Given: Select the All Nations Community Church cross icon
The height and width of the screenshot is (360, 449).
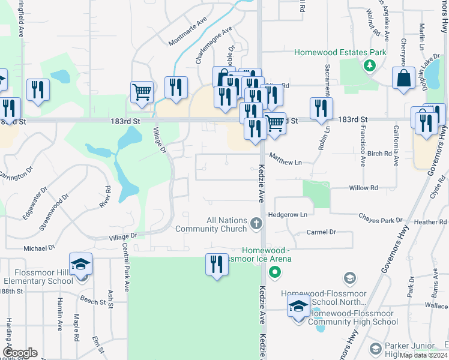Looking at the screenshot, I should tap(256, 224).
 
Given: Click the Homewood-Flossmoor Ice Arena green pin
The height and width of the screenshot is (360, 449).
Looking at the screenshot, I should tap(275, 274).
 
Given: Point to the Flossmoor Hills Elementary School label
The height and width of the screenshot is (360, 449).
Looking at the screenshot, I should tap(38, 277).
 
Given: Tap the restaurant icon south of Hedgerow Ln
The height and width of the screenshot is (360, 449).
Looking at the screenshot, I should tap(217, 265).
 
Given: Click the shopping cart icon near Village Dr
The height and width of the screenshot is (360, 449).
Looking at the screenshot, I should tap(142, 92).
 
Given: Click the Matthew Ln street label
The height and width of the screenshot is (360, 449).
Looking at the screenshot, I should tap(285, 159).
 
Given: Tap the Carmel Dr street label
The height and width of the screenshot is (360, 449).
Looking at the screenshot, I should tap(321, 232).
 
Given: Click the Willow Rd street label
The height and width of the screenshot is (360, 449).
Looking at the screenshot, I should tap(363, 188).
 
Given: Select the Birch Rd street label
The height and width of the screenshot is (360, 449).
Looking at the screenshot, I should tap(379, 154).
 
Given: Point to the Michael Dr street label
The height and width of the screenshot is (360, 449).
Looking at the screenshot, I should tap(40, 247).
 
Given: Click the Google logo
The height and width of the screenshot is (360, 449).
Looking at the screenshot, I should tap(20, 353).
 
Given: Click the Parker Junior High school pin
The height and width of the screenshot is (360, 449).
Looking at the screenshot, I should tap(375, 349).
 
